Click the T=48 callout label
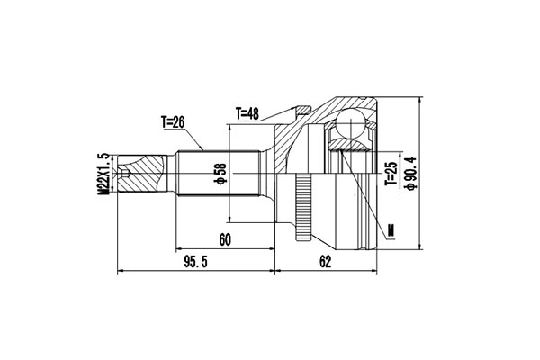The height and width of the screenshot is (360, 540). pos(247,113)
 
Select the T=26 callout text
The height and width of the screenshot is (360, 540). pos(173,122)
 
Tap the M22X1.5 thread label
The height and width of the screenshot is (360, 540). pos(103,175)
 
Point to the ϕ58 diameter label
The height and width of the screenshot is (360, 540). pos(220,174)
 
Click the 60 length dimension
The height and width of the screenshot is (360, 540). pos(225,239)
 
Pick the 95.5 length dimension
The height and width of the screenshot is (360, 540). pos(195,262)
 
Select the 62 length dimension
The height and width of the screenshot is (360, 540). pos(325,262)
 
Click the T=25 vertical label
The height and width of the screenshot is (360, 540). pos(391,174)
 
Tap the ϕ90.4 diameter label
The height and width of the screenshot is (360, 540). pos(411,174)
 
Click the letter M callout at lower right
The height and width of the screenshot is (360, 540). pos(391,230)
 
